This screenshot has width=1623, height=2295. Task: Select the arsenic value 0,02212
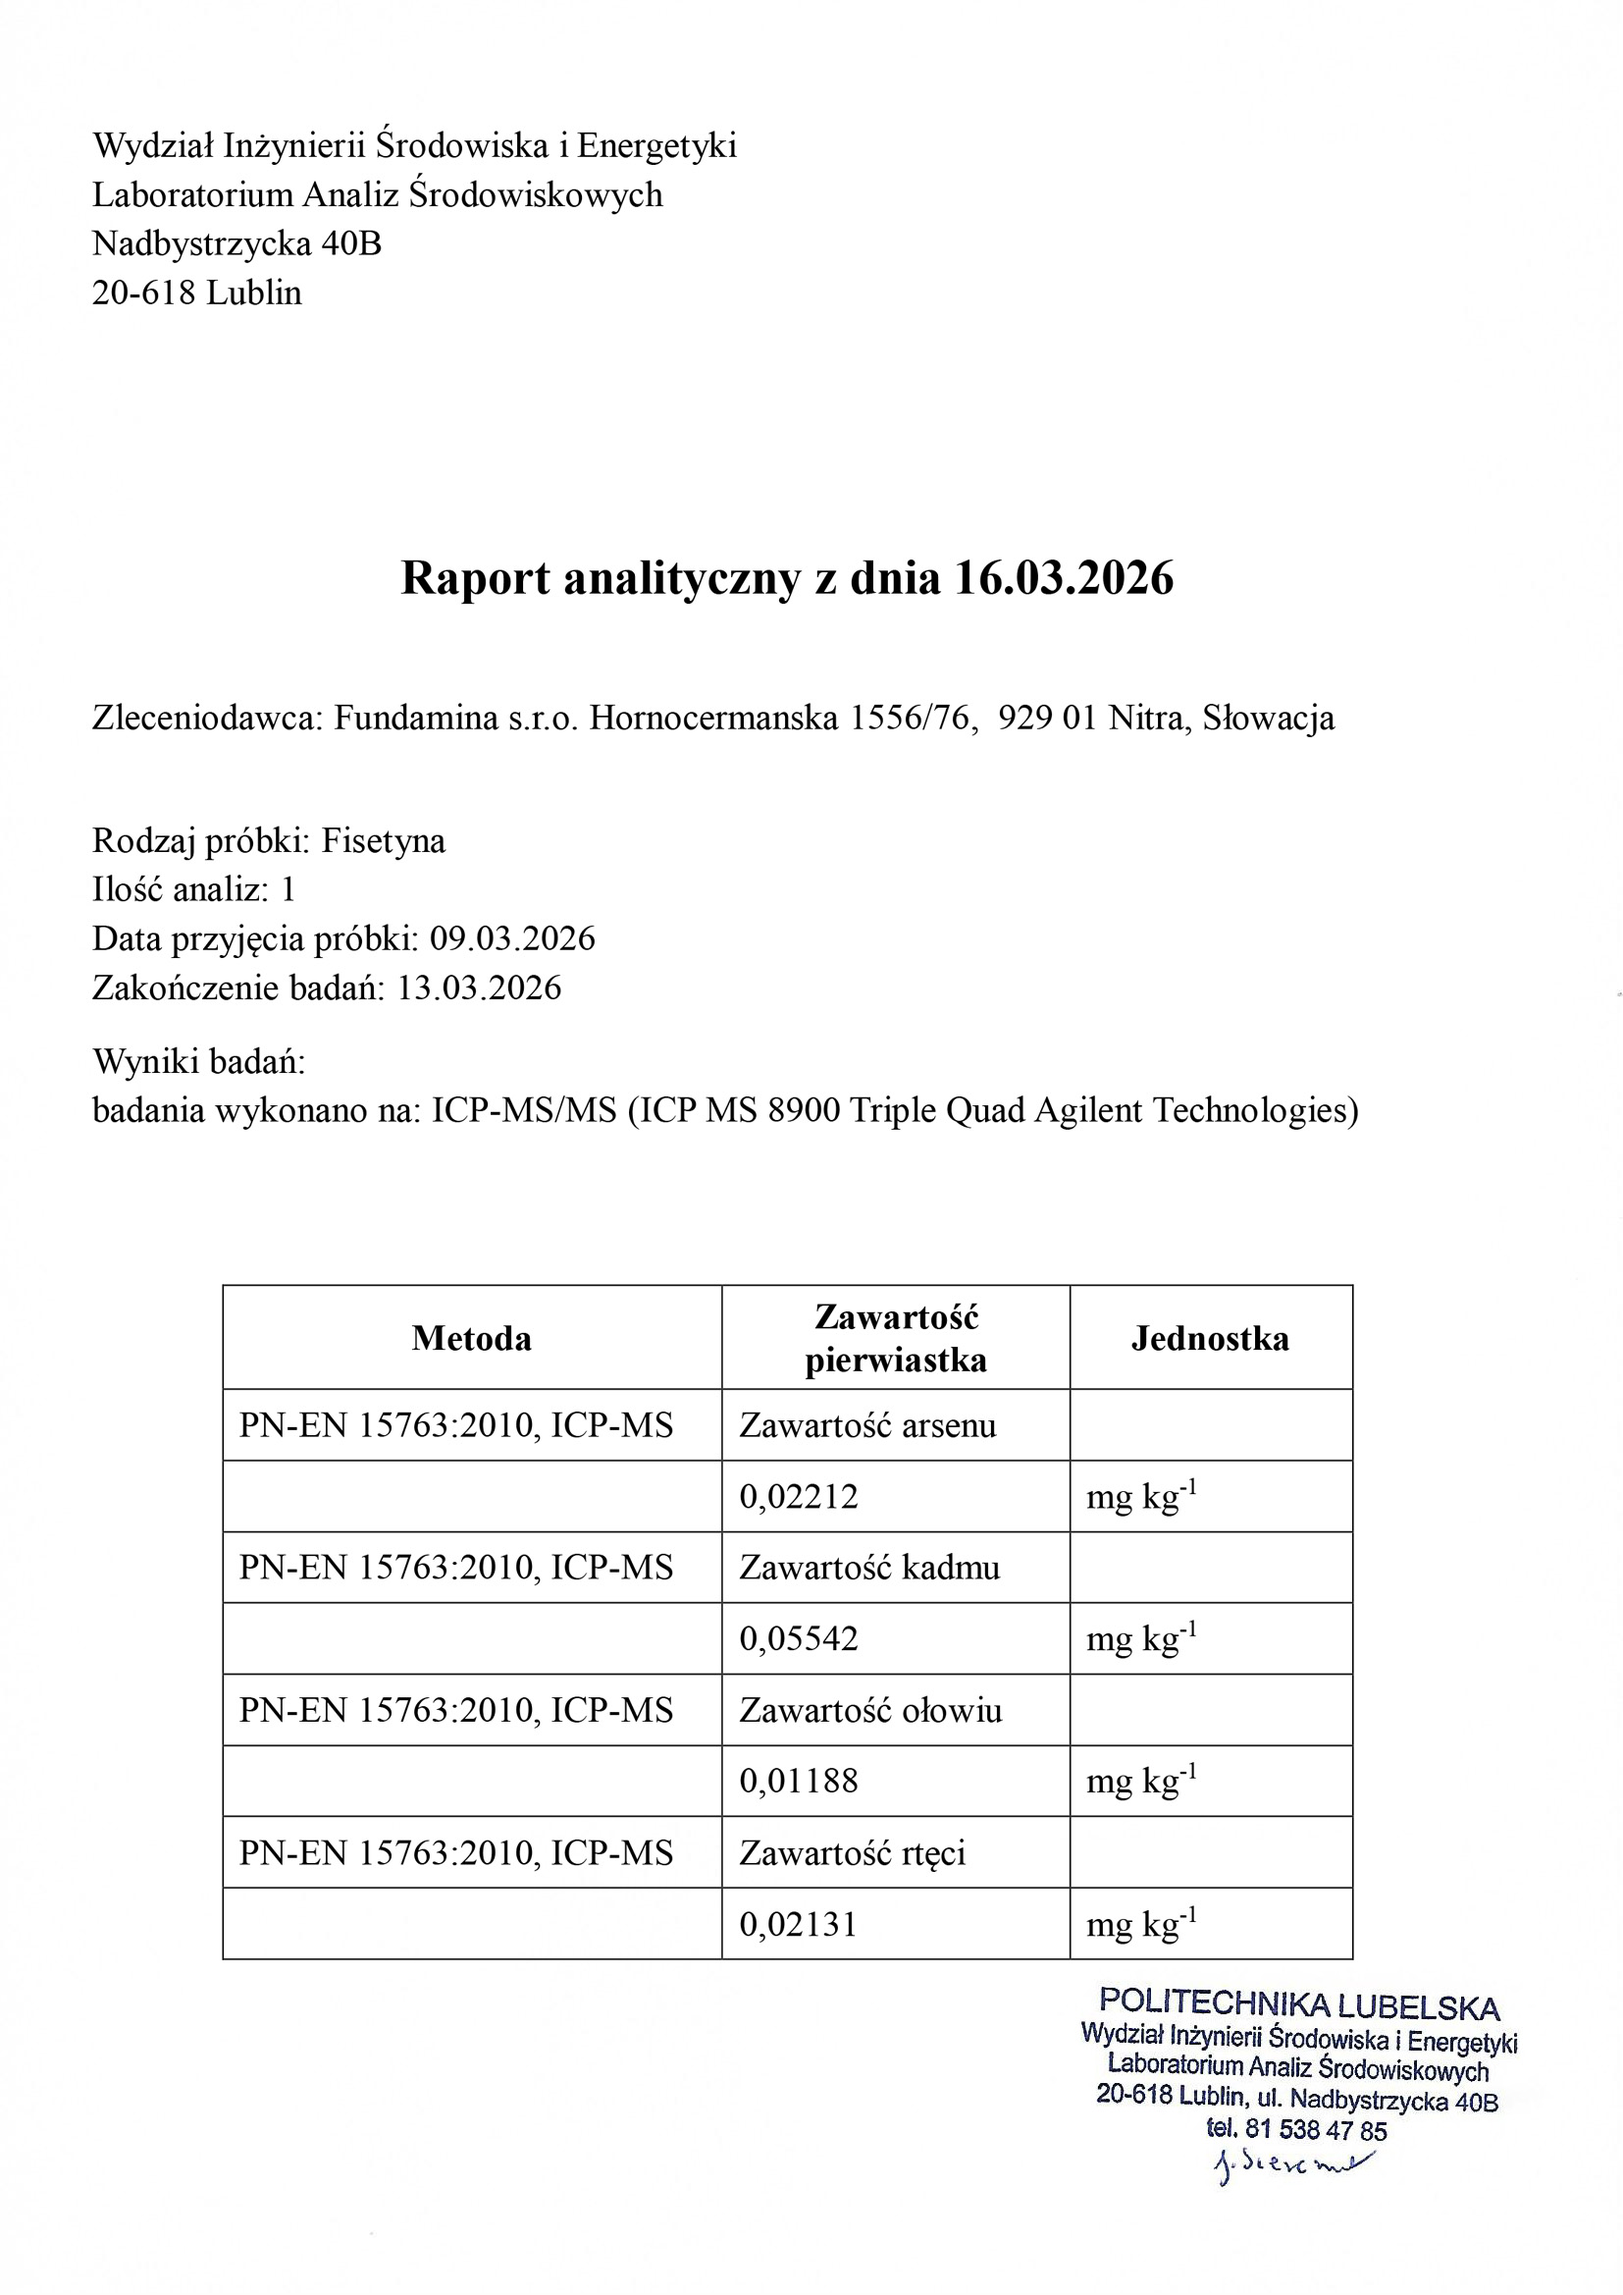[x=799, y=1496]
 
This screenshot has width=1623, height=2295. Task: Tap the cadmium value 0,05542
[x=799, y=1638]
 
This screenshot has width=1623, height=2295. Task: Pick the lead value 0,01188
[x=799, y=1781]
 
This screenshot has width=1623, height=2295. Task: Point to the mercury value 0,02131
[x=799, y=1924]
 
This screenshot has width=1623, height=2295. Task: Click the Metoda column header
[x=472, y=1338]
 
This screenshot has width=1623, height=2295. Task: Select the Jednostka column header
[x=1210, y=1338]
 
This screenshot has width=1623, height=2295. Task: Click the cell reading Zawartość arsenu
[x=867, y=1425]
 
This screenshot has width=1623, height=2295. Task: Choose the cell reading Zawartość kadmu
[x=869, y=1568]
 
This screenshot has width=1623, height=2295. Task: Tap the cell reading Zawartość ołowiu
[x=870, y=1710]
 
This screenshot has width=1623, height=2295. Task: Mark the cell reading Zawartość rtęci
[x=853, y=1853]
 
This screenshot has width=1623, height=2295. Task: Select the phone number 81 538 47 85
[x=1316, y=2130]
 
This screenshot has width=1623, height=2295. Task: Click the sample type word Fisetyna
[x=383, y=840]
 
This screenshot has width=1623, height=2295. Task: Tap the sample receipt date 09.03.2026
[x=512, y=938]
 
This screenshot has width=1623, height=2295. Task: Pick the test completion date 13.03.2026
[x=480, y=987]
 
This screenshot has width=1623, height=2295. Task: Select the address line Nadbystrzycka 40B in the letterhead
[x=236, y=242]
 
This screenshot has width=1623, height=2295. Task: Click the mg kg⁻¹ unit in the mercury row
[x=1141, y=1924]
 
